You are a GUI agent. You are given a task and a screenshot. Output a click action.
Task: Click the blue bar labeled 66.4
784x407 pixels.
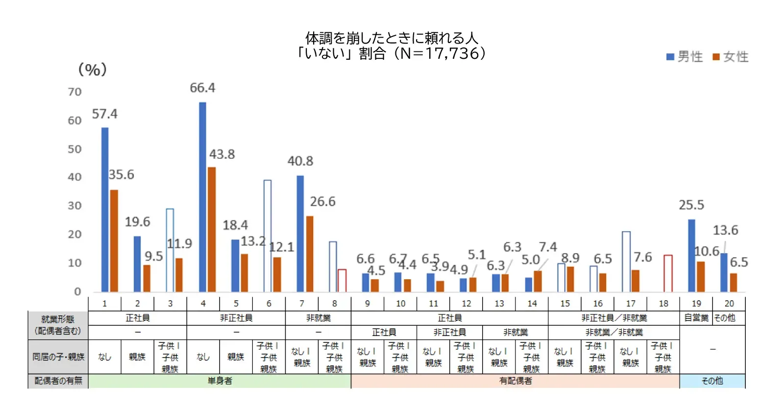point(202,197)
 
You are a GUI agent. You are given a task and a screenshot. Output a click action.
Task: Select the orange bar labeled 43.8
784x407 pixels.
point(212,229)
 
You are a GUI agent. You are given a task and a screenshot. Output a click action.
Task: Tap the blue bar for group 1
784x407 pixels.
point(105,210)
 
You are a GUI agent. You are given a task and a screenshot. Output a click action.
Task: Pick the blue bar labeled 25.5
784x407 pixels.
point(691,255)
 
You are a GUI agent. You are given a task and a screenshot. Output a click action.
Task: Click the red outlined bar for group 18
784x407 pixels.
point(668,273)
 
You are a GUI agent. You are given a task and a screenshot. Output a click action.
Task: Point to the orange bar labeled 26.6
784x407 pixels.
point(310,254)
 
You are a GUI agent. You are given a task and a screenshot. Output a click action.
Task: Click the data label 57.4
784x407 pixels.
point(104,114)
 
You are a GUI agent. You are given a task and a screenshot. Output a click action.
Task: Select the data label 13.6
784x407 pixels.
point(725,230)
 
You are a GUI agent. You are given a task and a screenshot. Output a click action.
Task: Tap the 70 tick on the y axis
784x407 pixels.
point(74,92)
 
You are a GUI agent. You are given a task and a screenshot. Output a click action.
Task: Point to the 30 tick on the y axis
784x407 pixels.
point(74,206)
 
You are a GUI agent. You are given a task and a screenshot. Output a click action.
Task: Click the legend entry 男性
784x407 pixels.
point(685,57)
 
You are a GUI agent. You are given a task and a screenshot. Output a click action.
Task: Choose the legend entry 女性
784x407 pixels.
point(731,57)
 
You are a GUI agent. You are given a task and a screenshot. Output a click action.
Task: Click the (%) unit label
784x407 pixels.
point(92,70)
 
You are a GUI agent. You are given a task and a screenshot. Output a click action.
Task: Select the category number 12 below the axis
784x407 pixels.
point(466,304)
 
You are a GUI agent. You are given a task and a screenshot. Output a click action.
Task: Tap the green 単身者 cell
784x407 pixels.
point(220,381)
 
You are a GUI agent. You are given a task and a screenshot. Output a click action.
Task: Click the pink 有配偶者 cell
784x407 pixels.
point(515,381)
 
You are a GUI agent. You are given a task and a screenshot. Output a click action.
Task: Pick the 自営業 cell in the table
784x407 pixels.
point(696,318)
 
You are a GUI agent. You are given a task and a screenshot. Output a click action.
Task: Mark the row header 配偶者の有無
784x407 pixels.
point(58,381)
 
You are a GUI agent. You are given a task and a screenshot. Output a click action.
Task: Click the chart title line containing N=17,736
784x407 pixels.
point(391,53)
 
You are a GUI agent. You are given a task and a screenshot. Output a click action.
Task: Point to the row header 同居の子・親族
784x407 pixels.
point(58,357)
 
